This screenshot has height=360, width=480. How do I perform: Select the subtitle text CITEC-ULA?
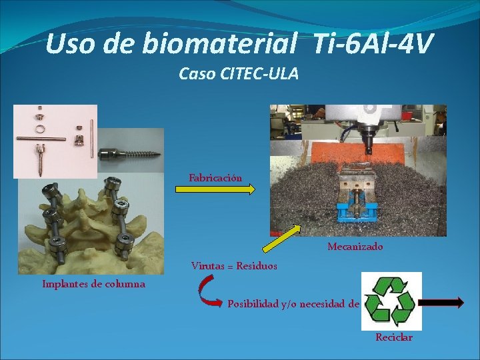tap(259, 74)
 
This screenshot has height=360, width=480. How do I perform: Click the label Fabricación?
tap(215, 178)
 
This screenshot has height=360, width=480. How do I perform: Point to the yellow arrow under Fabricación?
tap(215, 190)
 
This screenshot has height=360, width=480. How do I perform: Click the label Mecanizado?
tap(355, 247)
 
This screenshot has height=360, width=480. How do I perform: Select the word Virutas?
tap(207, 265)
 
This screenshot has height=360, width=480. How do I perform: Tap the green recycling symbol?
tap(392, 301)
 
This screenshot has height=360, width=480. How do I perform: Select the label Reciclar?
tap(394, 337)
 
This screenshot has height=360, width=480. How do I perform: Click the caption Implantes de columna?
tap(93, 284)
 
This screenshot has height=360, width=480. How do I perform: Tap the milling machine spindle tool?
tap(366, 136)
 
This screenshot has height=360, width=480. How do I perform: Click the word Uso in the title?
tap(70, 44)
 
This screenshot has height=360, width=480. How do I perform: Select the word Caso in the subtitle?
tap(197, 74)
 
